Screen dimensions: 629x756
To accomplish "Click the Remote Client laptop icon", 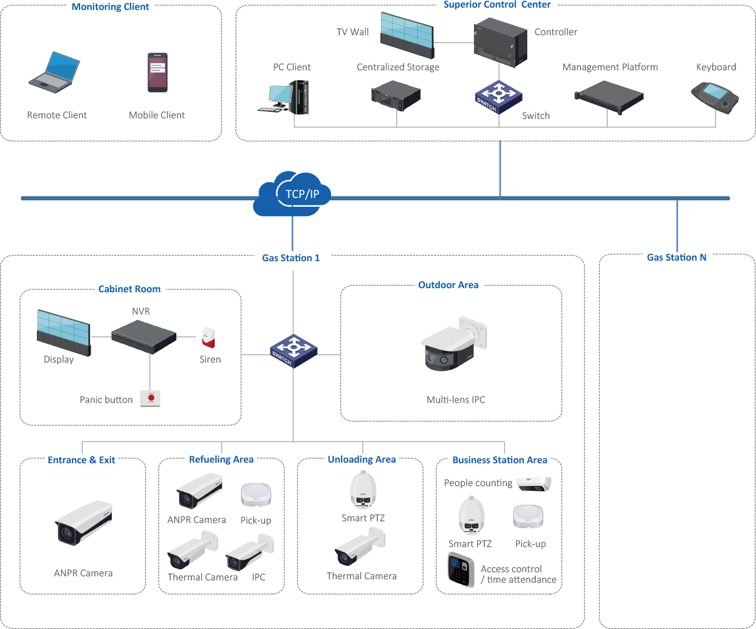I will (x=54, y=73).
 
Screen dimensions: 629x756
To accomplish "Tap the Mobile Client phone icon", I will (x=157, y=73).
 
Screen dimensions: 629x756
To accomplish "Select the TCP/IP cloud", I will (x=293, y=194).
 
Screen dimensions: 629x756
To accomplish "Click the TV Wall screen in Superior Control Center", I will (x=407, y=35).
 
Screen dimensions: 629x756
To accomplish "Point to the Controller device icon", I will (x=500, y=42).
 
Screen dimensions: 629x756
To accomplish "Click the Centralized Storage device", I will (x=396, y=95).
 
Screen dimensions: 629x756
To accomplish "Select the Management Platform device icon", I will (x=609, y=95).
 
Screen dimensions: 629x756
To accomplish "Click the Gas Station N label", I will (x=677, y=258).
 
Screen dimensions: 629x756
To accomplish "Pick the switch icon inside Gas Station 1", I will (x=293, y=350).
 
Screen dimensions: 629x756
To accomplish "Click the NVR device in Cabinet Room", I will (x=144, y=337).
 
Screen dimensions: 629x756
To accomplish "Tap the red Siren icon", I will (x=208, y=337).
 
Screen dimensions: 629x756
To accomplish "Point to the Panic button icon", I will (x=150, y=398).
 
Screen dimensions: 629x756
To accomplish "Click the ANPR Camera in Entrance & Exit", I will (x=83, y=522).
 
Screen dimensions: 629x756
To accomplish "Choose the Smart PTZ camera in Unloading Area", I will (x=363, y=491).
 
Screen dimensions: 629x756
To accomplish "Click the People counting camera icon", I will (x=534, y=484).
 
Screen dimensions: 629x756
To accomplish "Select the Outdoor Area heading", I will (x=448, y=285).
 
